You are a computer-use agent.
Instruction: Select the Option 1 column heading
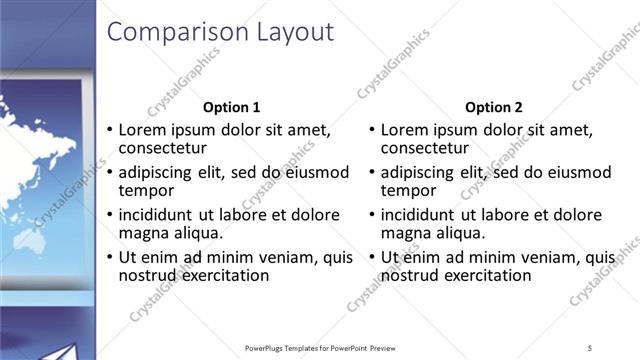click(232, 107)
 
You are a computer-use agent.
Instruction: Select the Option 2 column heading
click(494, 107)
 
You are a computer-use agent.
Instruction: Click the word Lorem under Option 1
click(143, 130)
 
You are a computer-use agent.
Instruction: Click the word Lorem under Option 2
click(405, 130)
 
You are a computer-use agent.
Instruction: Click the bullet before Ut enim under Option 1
click(110, 258)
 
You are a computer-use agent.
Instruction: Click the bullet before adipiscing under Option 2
click(372, 173)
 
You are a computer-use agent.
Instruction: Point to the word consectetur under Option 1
click(163, 148)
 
